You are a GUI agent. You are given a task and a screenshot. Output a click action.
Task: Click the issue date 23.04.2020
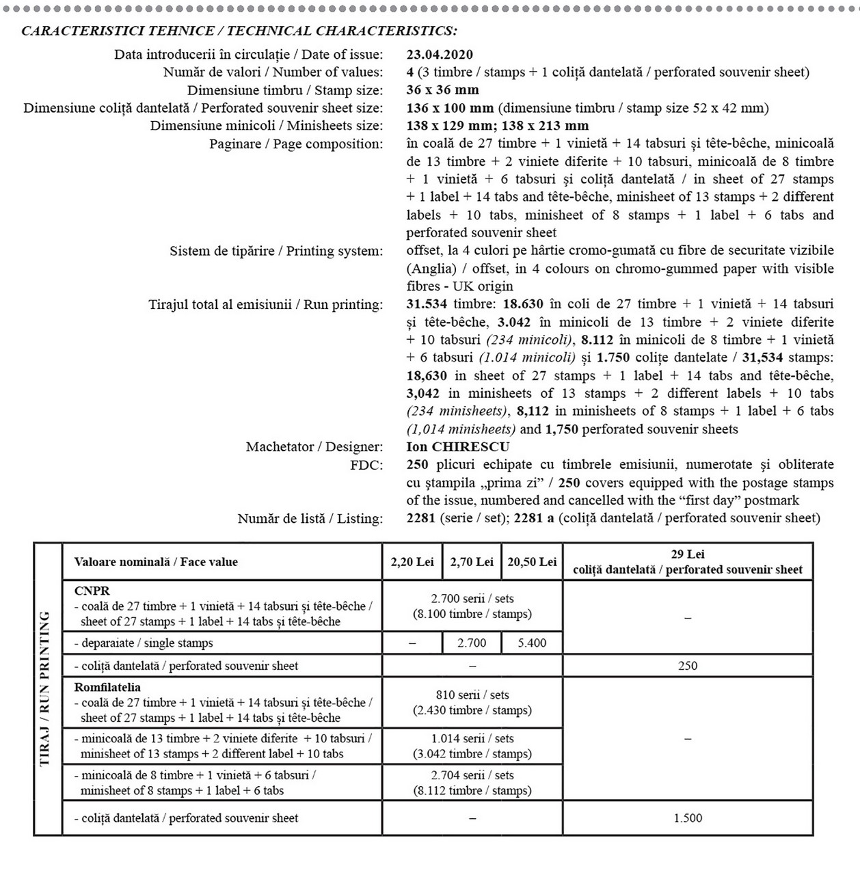click(x=439, y=55)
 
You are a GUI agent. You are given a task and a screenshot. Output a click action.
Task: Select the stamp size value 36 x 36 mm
click(x=442, y=90)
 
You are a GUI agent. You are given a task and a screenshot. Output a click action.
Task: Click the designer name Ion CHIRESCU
click(x=457, y=447)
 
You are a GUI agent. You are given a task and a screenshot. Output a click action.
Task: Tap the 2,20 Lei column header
click(x=412, y=562)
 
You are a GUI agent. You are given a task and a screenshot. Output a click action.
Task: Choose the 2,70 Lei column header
click(x=472, y=562)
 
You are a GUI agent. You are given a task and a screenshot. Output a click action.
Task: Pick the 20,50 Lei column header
click(x=532, y=562)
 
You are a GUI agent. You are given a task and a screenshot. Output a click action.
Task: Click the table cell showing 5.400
click(x=532, y=643)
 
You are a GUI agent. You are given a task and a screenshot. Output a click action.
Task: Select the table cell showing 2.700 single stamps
click(x=472, y=643)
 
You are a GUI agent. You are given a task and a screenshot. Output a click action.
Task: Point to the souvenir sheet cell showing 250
click(x=688, y=666)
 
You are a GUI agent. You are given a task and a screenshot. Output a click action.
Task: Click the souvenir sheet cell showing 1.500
click(x=688, y=818)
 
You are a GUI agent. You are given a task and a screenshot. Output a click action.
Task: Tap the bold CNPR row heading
click(x=92, y=591)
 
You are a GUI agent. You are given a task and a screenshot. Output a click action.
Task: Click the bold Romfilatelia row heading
click(x=107, y=687)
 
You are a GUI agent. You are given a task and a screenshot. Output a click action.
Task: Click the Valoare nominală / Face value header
click(x=156, y=562)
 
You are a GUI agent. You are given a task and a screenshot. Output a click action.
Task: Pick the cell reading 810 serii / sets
click(x=472, y=695)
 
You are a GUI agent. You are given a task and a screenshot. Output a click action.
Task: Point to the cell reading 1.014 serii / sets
click(x=472, y=738)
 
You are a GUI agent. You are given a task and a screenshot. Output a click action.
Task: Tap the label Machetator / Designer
click(x=314, y=447)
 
